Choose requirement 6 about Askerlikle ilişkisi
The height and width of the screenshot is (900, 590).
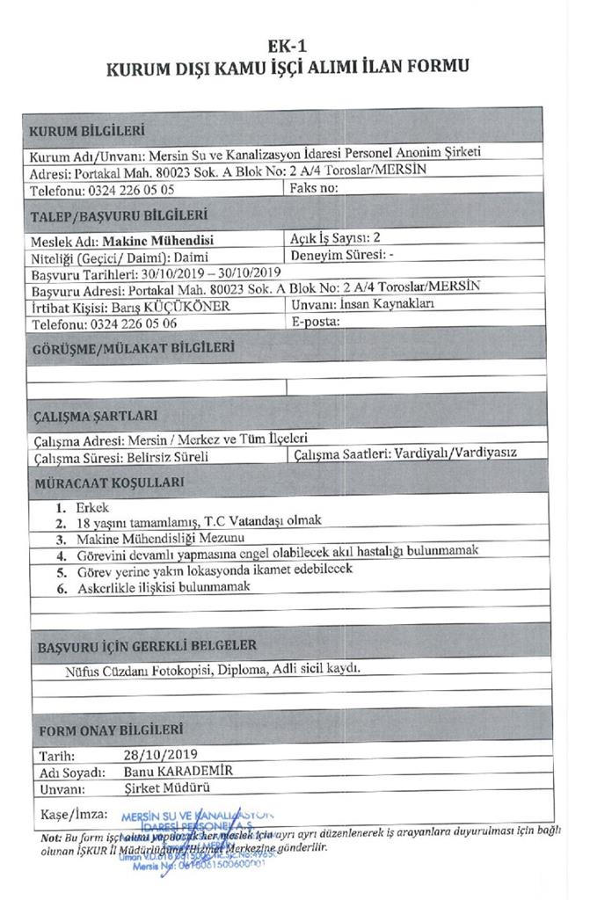166,586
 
